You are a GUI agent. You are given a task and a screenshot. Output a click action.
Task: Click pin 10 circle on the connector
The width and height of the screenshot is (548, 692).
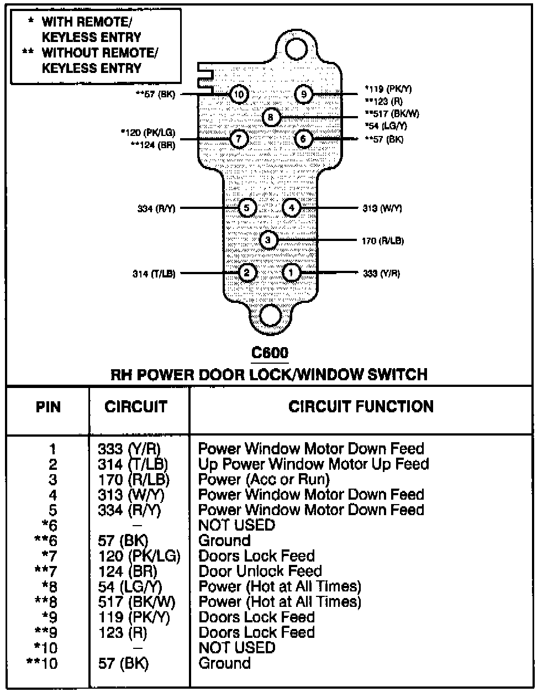pos(239,95)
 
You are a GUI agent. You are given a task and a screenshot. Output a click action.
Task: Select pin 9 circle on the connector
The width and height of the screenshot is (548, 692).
pos(303,95)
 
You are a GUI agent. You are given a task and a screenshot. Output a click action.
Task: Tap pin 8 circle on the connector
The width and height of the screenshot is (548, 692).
pos(271,117)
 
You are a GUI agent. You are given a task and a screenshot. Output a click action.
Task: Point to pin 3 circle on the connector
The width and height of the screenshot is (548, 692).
pos(268,240)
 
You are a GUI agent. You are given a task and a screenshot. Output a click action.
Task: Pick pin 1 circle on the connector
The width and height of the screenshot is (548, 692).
pos(291,272)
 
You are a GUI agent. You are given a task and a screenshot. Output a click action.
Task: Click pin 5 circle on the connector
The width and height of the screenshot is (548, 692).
pos(247,208)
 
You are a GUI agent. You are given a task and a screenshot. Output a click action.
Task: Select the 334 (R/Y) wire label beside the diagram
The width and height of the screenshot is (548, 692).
pos(156,208)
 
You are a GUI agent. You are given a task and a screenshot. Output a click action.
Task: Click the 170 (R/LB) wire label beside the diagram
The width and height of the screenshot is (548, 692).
pos(383,240)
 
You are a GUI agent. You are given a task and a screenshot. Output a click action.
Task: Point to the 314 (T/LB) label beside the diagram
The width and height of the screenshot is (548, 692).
pos(154,273)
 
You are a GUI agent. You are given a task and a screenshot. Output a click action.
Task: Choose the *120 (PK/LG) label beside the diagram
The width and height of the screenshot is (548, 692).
pos(147,133)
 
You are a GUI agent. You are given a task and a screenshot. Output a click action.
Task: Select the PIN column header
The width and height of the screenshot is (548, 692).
pos(48,407)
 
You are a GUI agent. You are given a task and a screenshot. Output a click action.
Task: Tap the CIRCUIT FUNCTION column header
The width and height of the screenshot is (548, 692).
pos(361,407)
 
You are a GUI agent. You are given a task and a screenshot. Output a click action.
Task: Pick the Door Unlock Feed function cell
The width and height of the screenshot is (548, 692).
pos(260,571)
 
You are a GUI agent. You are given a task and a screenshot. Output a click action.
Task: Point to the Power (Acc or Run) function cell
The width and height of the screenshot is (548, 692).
pos(264,479)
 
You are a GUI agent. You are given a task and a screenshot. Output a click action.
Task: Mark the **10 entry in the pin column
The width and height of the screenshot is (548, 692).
pos(41,663)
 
